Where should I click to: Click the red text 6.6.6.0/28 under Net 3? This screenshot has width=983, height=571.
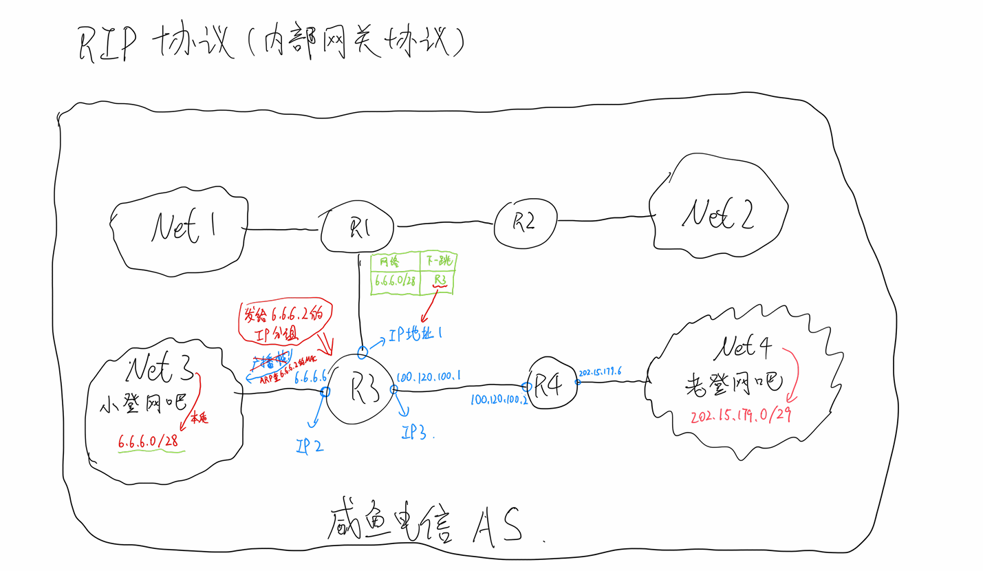pos(151,442)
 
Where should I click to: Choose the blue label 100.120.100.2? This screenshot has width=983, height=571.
pos(499,399)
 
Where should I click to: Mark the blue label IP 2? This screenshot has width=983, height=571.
pos(311,446)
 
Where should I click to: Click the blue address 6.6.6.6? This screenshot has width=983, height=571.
pos(310,378)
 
